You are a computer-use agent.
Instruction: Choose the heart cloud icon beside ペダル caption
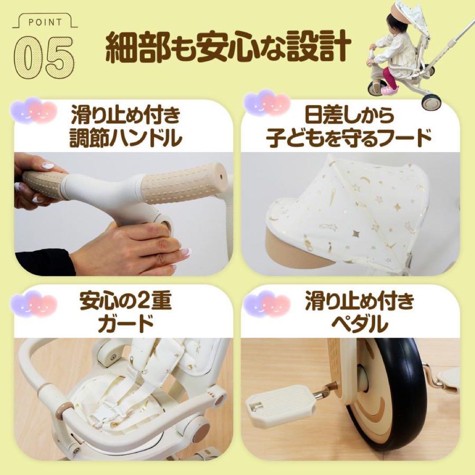267,303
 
